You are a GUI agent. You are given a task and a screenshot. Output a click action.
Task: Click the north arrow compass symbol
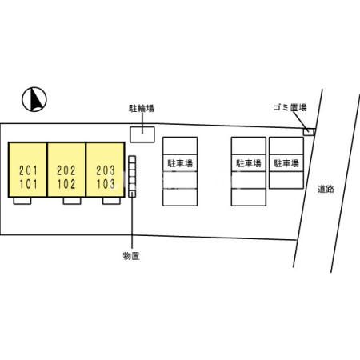pyautogui.click(x=34, y=99)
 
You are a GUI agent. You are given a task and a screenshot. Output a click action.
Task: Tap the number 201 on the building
pyautogui.click(x=28, y=170)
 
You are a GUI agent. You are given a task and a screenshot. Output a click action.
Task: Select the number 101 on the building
pyautogui.click(x=28, y=184)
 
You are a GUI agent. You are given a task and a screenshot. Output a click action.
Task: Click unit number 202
pyautogui.click(x=66, y=170)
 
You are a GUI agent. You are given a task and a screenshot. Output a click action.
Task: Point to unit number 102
pyautogui.click(x=66, y=184)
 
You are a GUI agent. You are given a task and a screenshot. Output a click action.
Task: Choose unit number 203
pyautogui.click(x=106, y=170)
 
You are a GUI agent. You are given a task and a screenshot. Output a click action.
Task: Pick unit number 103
pyautogui.click(x=106, y=184)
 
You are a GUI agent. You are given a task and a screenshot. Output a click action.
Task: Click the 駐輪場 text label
pyautogui.click(x=142, y=108)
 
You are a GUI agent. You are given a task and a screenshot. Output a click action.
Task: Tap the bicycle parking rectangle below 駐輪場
pyautogui.click(x=142, y=134)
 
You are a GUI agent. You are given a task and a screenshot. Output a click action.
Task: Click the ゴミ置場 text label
pyautogui.click(x=290, y=107)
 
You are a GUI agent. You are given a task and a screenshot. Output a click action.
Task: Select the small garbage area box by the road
pyautogui.click(x=309, y=132)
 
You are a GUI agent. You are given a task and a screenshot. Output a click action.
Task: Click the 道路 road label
pyautogui.click(x=326, y=189)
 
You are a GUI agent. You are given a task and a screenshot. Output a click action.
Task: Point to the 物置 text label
pyautogui.click(x=131, y=256)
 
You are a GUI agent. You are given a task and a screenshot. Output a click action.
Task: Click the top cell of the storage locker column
pyautogui.click(x=132, y=159)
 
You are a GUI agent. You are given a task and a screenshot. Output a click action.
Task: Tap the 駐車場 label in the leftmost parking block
pyautogui.click(x=180, y=163)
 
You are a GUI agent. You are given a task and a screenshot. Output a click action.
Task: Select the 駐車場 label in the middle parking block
pyautogui.click(x=249, y=163)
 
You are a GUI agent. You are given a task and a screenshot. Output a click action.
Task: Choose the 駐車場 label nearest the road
pyautogui.click(x=286, y=163)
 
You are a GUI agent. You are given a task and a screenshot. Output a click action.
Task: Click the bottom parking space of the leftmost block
pyautogui.click(x=180, y=198)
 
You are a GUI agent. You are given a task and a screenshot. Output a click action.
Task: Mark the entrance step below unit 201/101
pyautogui.click(x=22, y=201)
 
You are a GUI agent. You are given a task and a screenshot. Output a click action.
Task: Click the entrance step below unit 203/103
pyautogui.click(x=111, y=201)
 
